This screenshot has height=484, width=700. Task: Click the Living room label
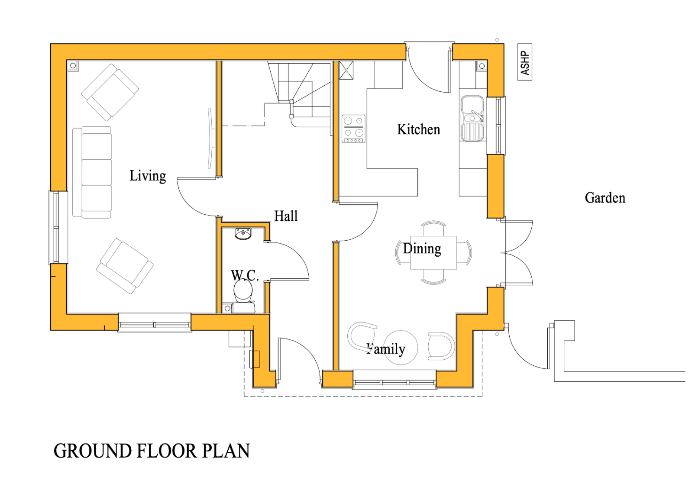coord(148,176)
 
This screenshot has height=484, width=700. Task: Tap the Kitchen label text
coord(418,130)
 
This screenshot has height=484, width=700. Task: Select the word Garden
coord(605,198)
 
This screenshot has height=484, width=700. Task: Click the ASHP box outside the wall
coord(524,62)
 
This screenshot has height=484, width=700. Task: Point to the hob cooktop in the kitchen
coord(353,129)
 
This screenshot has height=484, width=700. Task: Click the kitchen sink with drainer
coord(472,118)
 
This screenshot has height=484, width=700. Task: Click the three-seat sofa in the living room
coord(93,172)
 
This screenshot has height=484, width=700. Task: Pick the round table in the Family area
coord(401,347)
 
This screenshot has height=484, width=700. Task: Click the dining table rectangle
coord(433,252)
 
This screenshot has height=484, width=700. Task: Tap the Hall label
coord(286,216)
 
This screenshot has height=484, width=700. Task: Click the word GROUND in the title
coord(93,451)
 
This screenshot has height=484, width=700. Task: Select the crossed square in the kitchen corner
coord(346,70)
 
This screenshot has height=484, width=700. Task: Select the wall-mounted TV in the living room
coord(210,138)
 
